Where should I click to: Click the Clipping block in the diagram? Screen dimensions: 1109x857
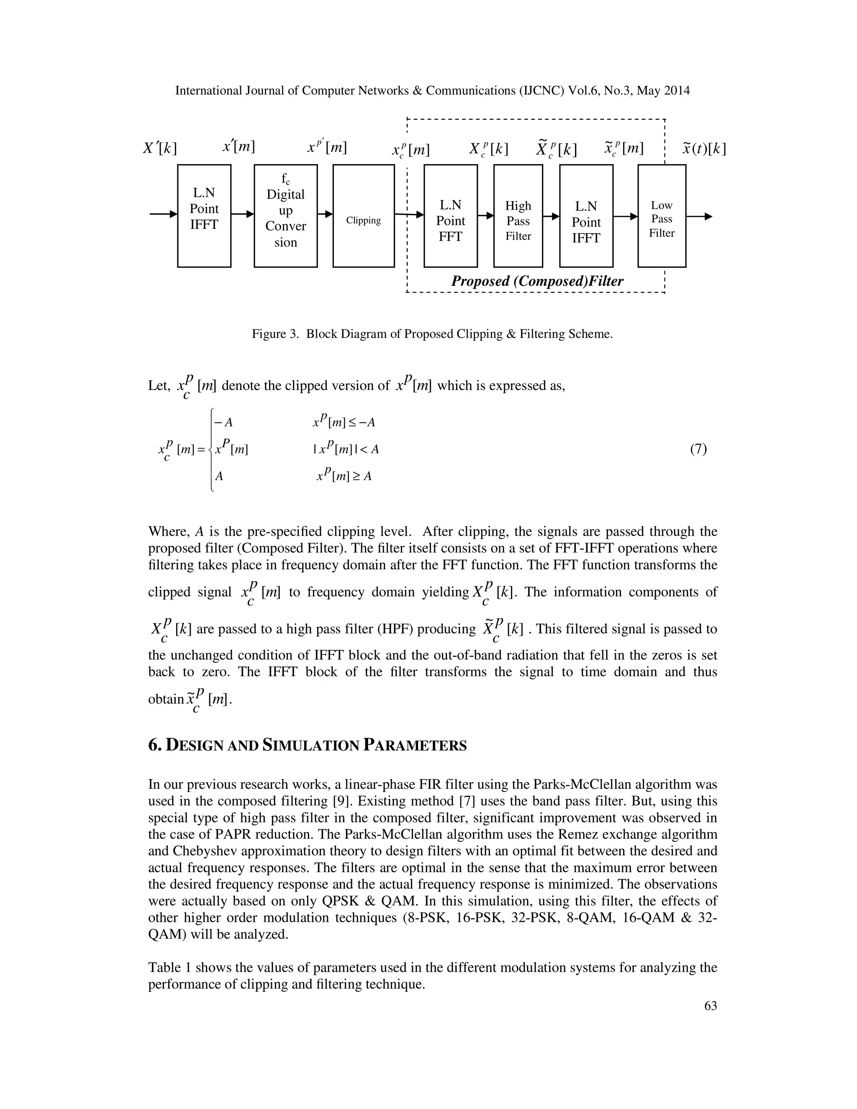pyautogui.click(x=364, y=216)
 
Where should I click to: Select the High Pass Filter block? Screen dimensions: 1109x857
pyautogui.click(x=518, y=216)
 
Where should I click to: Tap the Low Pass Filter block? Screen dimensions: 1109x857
pyautogui.click(x=662, y=216)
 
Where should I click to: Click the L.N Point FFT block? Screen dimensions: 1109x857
pyautogui.click(x=450, y=216)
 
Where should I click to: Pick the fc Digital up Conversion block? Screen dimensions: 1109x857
pyautogui.click(x=285, y=216)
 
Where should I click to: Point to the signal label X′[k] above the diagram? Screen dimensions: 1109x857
pyautogui.click(x=160, y=148)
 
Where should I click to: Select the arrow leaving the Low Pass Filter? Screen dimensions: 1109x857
pyautogui.click(x=699, y=217)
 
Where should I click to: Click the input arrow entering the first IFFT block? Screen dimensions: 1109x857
pyautogui.click(x=163, y=214)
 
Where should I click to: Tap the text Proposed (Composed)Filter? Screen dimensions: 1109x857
pyautogui.click(x=537, y=281)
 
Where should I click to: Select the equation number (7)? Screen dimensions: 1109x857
pyautogui.click(x=698, y=449)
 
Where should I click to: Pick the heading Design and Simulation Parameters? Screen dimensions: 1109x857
pyautogui.click(x=307, y=746)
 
